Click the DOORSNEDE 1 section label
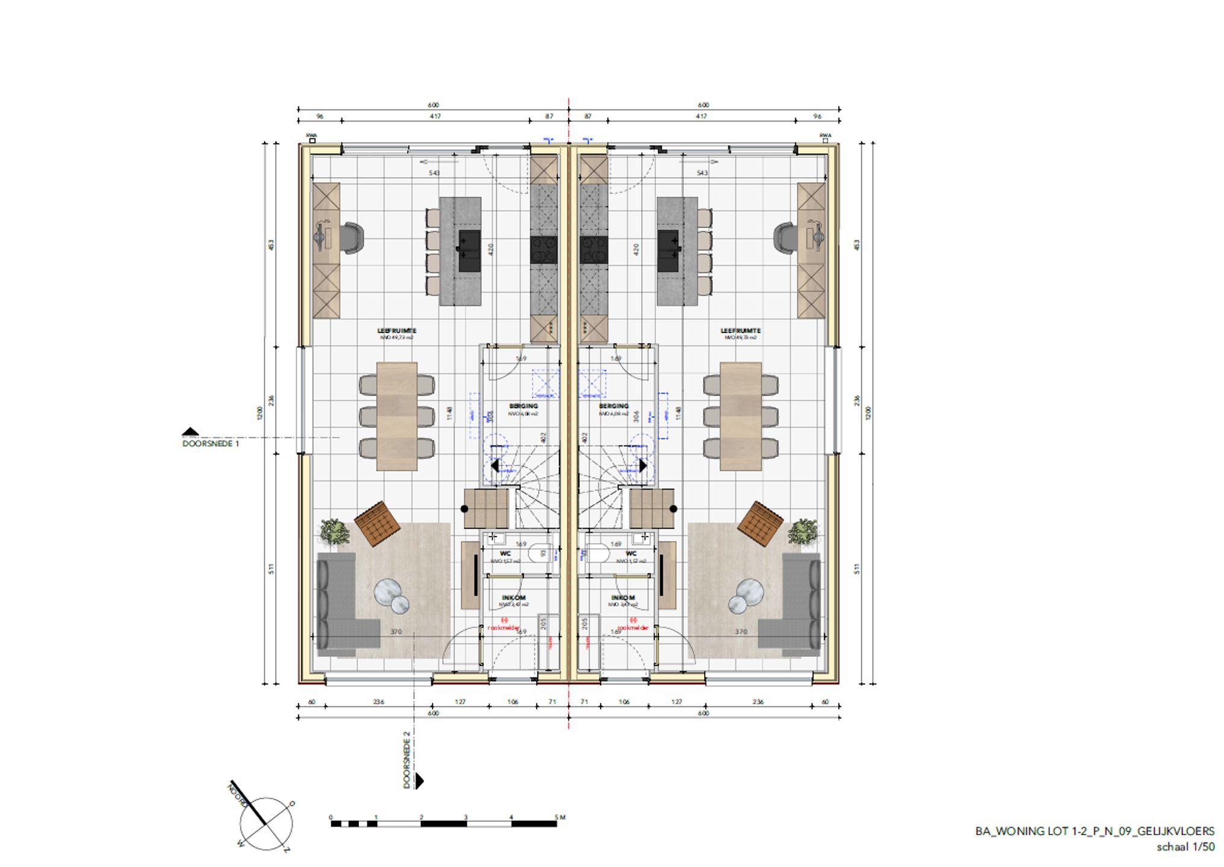pyautogui.click(x=210, y=444)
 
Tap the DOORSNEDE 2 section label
pyautogui.click(x=407, y=760)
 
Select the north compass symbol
pyautogui.click(x=266, y=824)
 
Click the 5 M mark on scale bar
pyautogui.click(x=560, y=817)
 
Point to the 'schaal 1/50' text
pyautogui.click(x=1185, y=847)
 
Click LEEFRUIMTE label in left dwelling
pyautogui.click(x=396, y=331)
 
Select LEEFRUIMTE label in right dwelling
pyautogui.click(x=740, y=331)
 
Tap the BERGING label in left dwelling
pyautogui.click(x=523, y=406)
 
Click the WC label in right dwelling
pyautogui.click(x=631, y=553)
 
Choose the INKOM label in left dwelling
pyautogui.click(x=513, y=598)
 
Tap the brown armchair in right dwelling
pyautogui.click(x=760, y=523)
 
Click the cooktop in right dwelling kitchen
pyautogui.click(x=593, y=250)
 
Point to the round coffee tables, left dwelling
pyautogui.click(x=392, y=595)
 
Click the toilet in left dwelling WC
pyautogui.click(x=538, y=553)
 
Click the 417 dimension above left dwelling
pyautogui.click(x=435, y=116)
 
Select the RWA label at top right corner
pyautogui.click(x=825, y=135)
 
